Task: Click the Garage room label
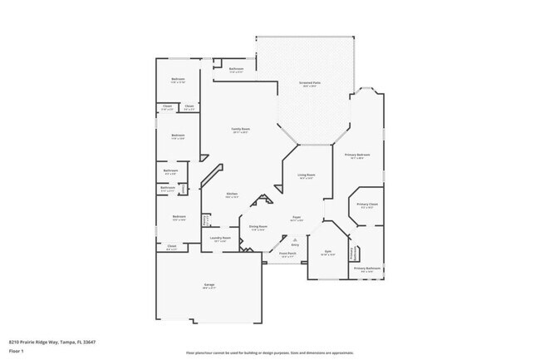[x=209, y=286]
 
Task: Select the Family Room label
[x=240, y=129]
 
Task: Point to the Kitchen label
[x=232, y=195]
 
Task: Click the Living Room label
[x=306, y=175]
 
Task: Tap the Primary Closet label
[x=367, y=205]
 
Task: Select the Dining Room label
[x=258, y=226]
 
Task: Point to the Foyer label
[x=296, y=218]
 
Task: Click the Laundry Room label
[x=219, y=238]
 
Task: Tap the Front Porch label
[x=287, y=254]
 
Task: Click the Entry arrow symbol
[x=293, y=238]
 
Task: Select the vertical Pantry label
[x=204, y=221]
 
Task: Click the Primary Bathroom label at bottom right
[x=367, y=269]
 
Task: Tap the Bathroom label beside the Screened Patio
[x=236, y=69]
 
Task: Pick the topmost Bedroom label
[x=178, y=80]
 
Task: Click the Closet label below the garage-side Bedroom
[x=171, y=246]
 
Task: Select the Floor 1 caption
[x=15, y=352]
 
